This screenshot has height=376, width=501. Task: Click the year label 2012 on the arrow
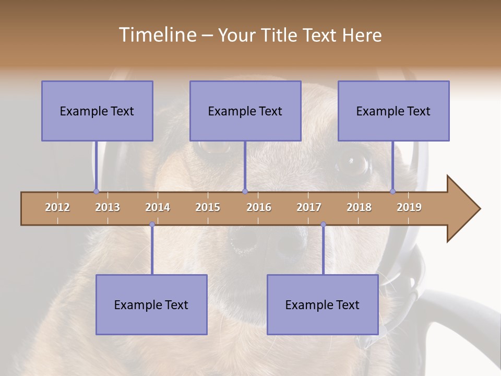point(57,207)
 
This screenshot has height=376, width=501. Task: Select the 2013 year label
point(108,207)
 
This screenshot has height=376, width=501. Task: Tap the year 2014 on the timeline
point(158,207)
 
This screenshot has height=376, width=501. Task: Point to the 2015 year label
point(208,207)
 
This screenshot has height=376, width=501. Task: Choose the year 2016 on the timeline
point(259,207)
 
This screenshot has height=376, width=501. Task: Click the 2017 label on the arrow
point(309,207)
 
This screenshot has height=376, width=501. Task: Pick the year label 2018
point(359,207)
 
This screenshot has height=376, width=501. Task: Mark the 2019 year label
point(409,207)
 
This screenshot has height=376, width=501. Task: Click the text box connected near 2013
point(97,111)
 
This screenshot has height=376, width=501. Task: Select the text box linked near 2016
point(245,111)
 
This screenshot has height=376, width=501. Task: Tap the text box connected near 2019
point(393,111)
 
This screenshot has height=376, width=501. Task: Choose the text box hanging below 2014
point(151,304)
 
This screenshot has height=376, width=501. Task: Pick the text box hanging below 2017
point(323,304)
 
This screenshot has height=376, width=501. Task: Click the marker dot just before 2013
point(96,191)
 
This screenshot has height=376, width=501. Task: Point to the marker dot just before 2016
point(245,191)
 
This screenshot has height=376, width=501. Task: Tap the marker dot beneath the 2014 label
point(152,225)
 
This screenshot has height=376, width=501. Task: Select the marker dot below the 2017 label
point(323,225)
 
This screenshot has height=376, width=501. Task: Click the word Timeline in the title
point(157,35)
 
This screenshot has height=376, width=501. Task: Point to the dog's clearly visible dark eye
point(353,163)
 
